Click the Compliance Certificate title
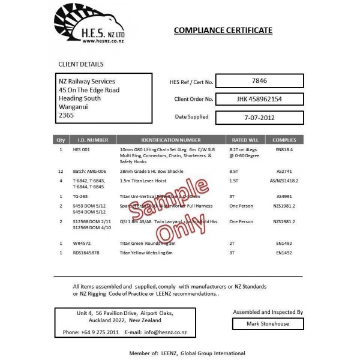223,30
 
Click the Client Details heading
80,64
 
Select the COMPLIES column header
284,139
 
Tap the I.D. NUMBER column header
94,139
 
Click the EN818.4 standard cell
284,149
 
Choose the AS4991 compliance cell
284,196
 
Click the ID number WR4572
81,244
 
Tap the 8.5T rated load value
235,171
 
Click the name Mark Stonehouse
268,324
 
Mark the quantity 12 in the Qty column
61,171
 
